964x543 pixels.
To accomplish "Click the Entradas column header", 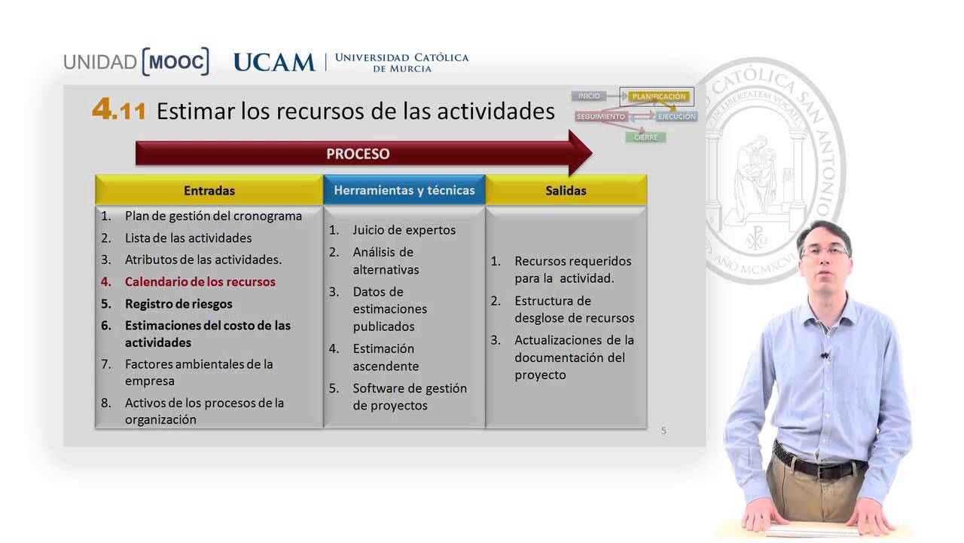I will pyautogui.click(x=209, y=191).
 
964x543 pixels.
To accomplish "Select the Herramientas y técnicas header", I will pyautogui.click(x=404, y=191).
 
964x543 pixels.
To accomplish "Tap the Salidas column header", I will pyautogui.click(x=566, y=191).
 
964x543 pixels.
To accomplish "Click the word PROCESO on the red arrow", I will pyautogui.click(x=358, y=154).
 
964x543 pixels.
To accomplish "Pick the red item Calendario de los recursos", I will pyautogui.click(x=200, y=282).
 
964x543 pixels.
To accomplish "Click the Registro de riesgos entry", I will pyautogui.click(x=178, y=304).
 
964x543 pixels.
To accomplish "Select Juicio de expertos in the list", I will pyautogui.click(x=404, y=230).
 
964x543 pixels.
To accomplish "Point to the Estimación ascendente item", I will pyautogui.click(x=385, y=357).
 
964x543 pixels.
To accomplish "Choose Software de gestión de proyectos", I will pyautogui.click(x=409, y=397).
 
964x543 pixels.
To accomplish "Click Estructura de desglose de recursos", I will pyautogui.click(x=574, y=309).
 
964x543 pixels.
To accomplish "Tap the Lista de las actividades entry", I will pyautogui.click(x=188, y=238).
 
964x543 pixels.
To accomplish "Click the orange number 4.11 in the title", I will pyautogui.click(x=119, y=110).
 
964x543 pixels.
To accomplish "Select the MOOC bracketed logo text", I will pyautogui.click(x=175, y=62).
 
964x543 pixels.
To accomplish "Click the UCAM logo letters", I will pyautogui.click(x=274, y=63).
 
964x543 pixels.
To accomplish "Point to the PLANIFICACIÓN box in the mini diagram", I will pyautogui.click(x=658, y=97).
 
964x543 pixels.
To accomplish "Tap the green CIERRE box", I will pyautogui.click(x=645, y=137).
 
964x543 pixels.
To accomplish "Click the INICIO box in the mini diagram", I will pyautogui.click(x=589, y=96).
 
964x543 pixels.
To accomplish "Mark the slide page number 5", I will pyautogui.click(x=664, y=431).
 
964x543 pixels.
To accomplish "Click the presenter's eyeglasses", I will pyautogui.click(x=825, y=251).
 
